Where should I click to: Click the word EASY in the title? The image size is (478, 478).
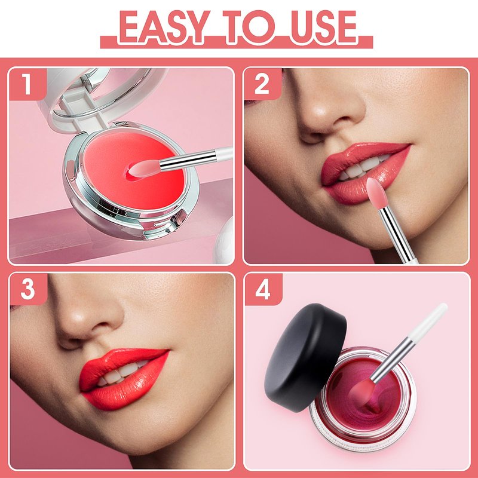click(x=164, y=27)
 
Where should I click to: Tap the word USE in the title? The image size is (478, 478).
click(x=323, y=27)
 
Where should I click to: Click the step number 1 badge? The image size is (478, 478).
click(x=27, y=84)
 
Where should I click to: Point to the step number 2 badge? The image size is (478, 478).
click(x=262, y=84)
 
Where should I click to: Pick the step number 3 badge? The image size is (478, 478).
click(x=28, y=289)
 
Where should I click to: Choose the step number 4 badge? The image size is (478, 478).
click(x=263, y=289)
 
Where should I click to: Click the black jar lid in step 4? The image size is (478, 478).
click(x=305, y=357)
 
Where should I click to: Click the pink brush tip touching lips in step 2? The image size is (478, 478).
click(x=376, y=193)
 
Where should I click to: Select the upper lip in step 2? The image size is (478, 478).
click(x=363, y=158)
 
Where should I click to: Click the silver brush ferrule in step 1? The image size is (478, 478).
click(x=188, y=160)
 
